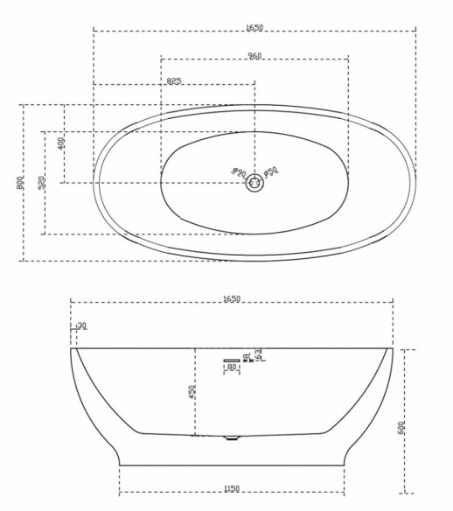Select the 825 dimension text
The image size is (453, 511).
pyautogui.click(x=174, y=81)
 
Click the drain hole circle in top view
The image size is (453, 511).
pyautogui.click(x=254, y=182)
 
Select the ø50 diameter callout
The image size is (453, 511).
pyautogui.click(x=271, y=171)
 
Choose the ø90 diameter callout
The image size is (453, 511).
pyautogui.click(x=238, y=172)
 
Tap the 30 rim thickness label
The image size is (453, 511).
pyautogui.click(x=82, y=326)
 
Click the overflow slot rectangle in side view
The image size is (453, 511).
pyautogui.click(x=232, y=360)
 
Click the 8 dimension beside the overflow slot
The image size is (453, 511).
pyautogui.click(x=247, y=354)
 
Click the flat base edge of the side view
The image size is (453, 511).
pyautogui.click(x=231, y=465)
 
